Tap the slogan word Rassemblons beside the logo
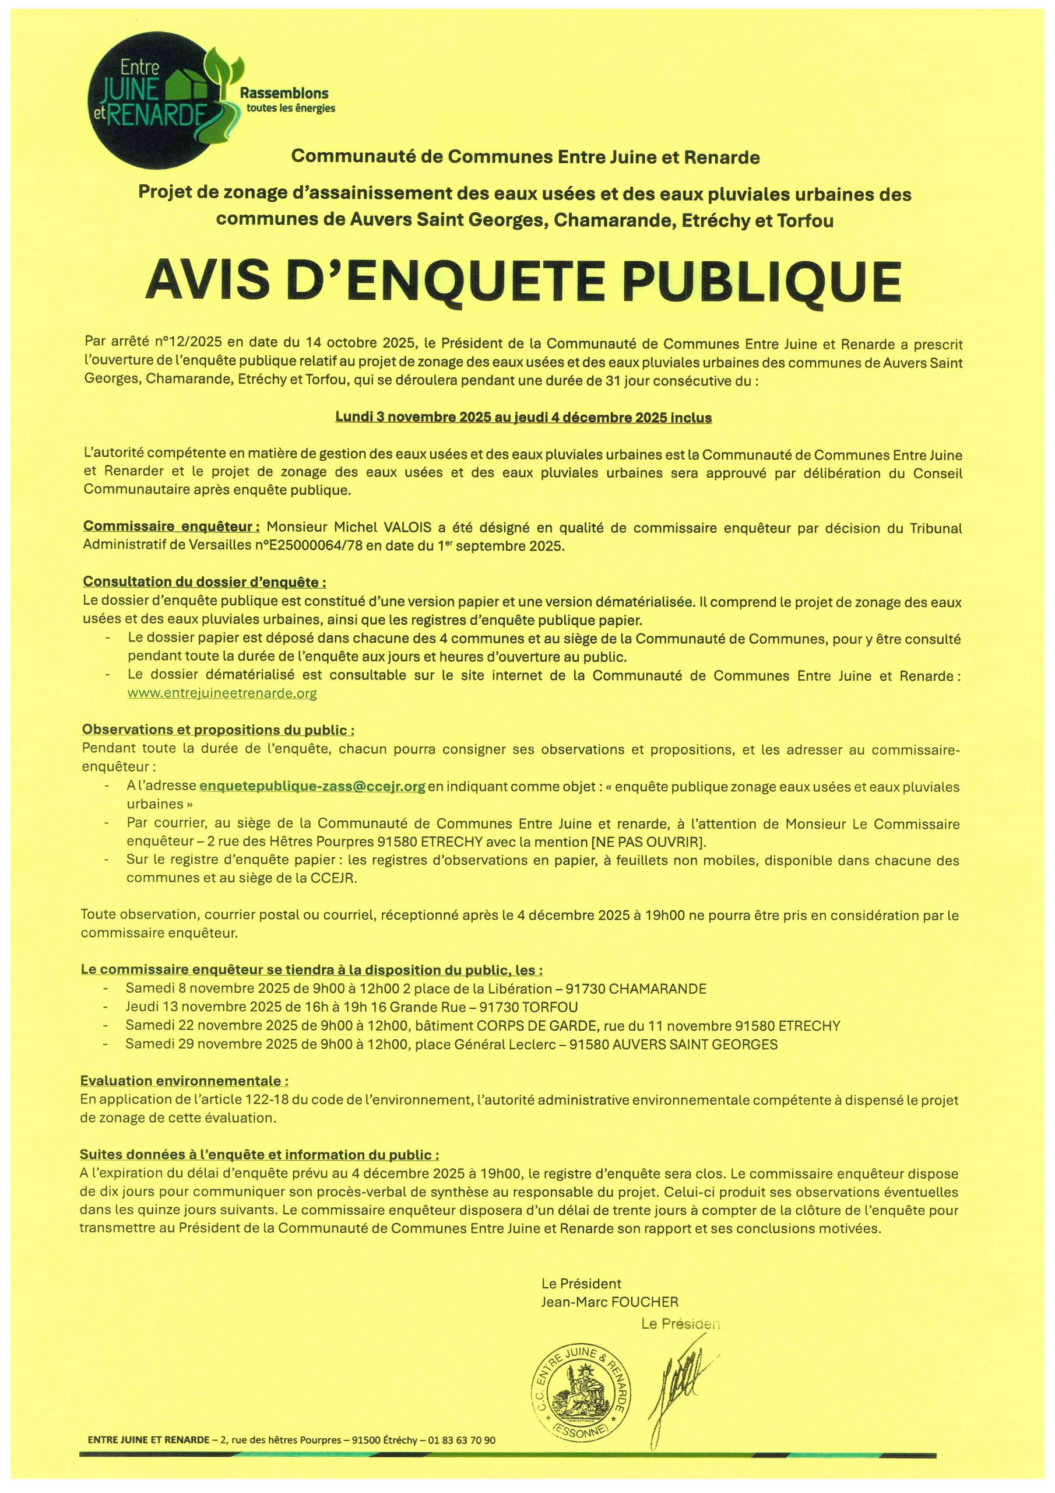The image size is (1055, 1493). pos(284,94)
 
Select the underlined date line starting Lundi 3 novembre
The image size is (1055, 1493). pos(523,418)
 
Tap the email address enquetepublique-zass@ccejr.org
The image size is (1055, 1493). pos(312,787)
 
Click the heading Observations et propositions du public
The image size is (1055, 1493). pos(219,730)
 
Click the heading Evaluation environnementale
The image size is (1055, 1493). pos(185,1081)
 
